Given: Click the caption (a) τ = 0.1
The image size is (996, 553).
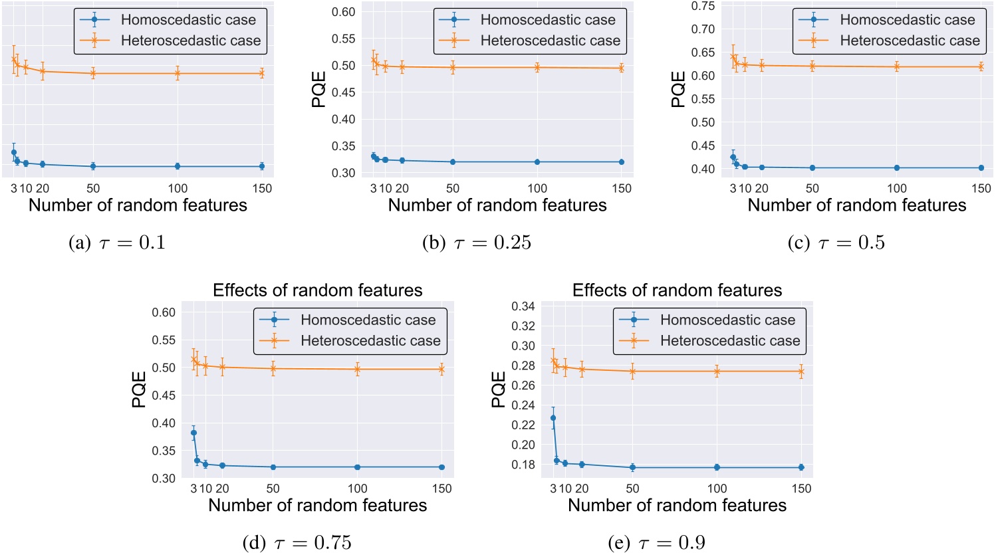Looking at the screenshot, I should [x=117, y=243].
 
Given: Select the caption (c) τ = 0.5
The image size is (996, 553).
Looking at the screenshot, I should [x=836, y=243].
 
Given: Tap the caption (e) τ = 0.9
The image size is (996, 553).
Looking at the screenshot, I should [x=656, y=543].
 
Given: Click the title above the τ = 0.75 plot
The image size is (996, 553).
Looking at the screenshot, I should [x=317, y=290].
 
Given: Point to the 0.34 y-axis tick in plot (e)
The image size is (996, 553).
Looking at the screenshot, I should [x=523, y=306].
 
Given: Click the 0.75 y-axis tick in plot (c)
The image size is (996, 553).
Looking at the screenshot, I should [x=703, y=6].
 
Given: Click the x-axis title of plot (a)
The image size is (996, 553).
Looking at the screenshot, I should [x=138, y=205].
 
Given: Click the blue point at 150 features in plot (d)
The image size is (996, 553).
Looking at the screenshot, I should [x=441, y=467].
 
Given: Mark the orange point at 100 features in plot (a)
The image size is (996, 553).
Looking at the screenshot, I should [x=178, y=73].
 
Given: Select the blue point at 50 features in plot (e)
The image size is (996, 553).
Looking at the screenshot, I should [x=632, y=467].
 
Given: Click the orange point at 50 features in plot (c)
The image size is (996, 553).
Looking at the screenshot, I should [x=812, y=66].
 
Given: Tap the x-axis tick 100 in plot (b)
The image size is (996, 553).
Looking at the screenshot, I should [x=537, y=189].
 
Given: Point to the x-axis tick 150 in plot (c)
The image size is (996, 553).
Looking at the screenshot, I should [x=981, y=189].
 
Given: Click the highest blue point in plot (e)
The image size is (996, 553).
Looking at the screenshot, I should [x=553, y=418].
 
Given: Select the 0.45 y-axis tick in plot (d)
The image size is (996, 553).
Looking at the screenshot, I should [x=164, y=395].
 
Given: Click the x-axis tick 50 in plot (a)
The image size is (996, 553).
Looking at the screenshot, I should [x=93, y=189].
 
